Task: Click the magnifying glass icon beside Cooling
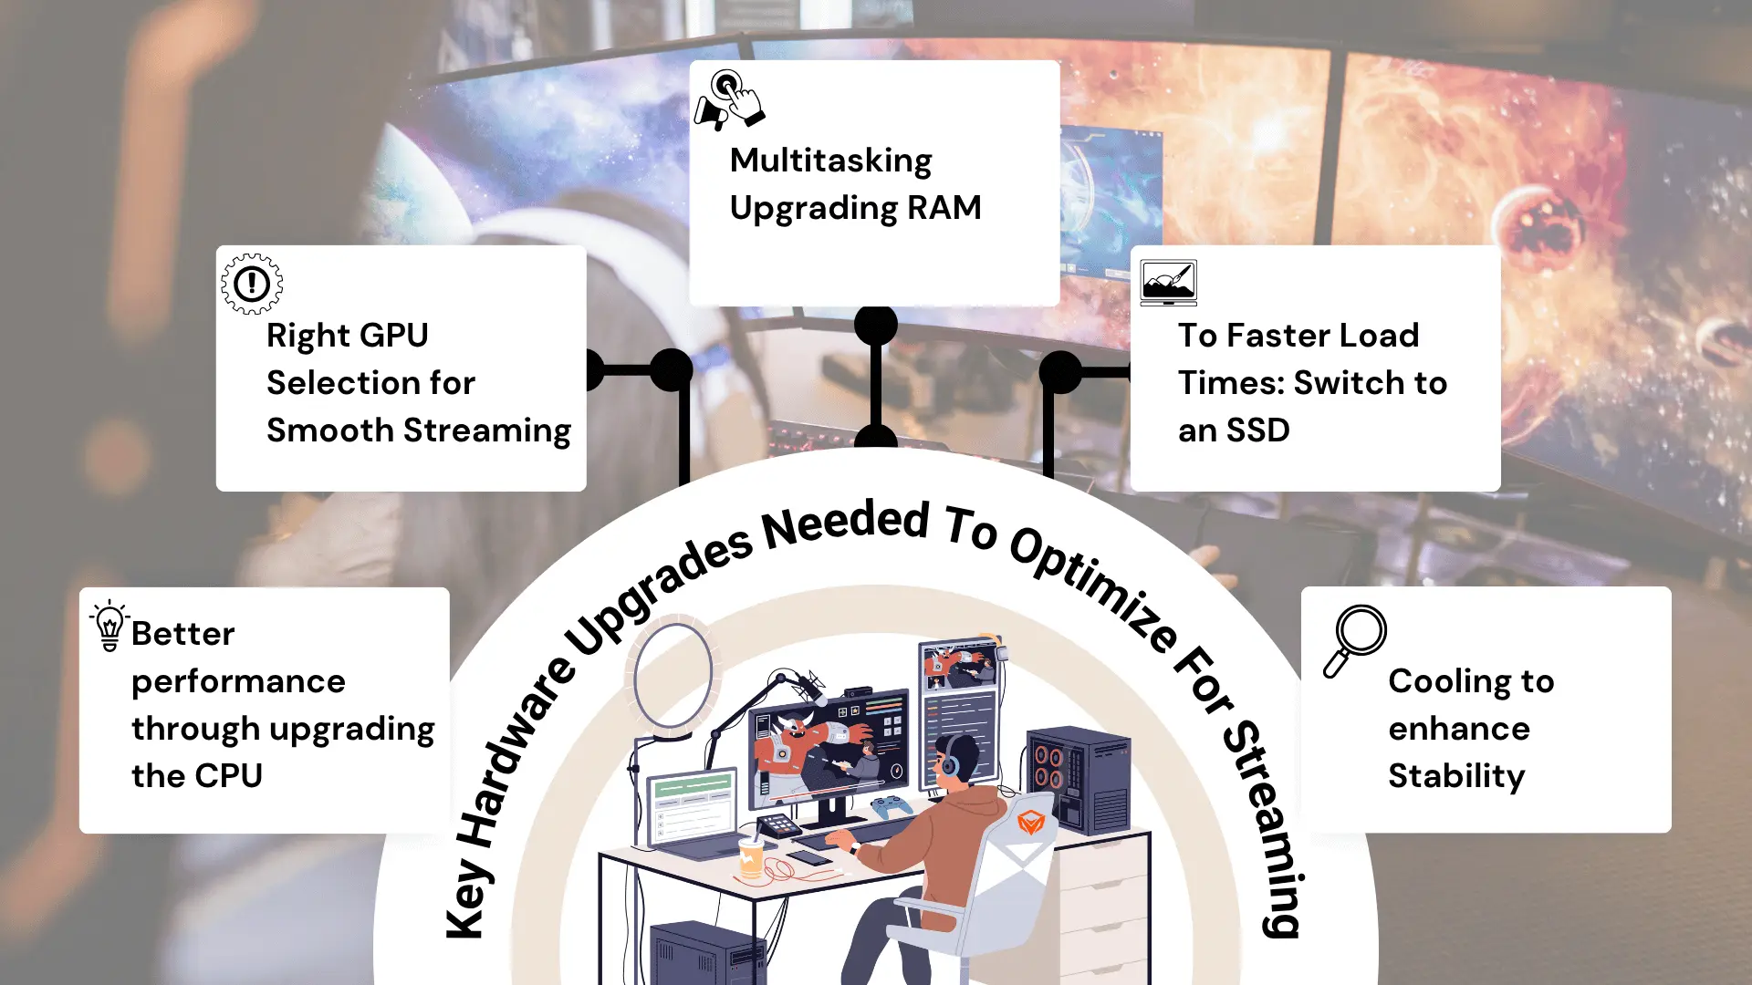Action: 1355,640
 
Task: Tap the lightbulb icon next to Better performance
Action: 109,626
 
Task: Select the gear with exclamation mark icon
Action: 252,284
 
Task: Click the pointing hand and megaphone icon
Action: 729,99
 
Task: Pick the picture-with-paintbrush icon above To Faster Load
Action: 1168,282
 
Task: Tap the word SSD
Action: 1257,430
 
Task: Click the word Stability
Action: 1456,776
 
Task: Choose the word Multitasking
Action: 830,161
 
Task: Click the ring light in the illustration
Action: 673,676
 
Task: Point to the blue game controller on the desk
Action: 891,805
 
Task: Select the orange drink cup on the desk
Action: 751,857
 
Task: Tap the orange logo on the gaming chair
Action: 1031,823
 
